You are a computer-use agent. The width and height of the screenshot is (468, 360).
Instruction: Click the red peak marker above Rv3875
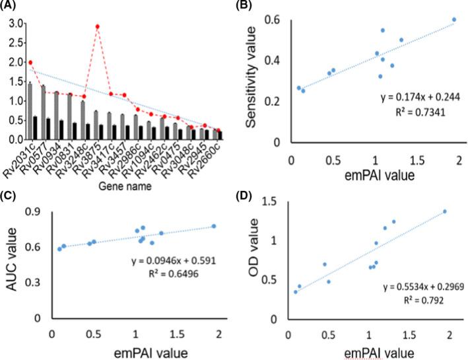[98, 26]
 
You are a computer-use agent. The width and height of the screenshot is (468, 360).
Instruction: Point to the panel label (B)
[248, 6]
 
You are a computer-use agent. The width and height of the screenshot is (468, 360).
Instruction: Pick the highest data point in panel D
[445, 211]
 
